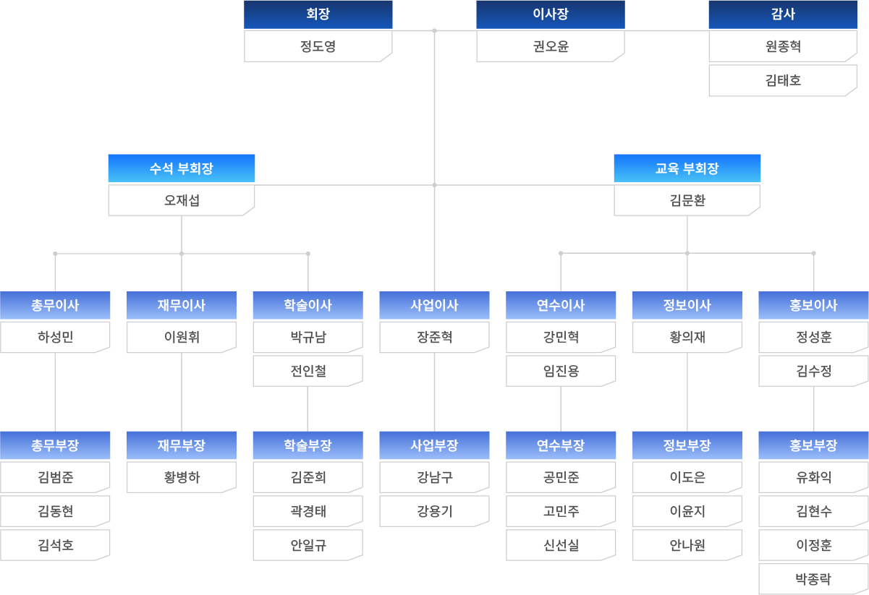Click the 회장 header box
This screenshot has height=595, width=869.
point(318,14)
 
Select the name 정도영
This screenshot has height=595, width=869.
point(318,47)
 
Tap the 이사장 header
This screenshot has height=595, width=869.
point(550,14)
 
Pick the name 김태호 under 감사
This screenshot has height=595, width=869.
point(783,81)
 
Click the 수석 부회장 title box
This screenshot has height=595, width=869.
point(182,168)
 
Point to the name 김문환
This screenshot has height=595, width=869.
point(687,200)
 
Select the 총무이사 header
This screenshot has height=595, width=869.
point(55,305)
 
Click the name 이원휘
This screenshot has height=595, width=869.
point(182,337)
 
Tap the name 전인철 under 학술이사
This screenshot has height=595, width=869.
point(308,371)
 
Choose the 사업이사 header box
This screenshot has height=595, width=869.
point(434,305)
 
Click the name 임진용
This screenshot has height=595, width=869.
point(561,371)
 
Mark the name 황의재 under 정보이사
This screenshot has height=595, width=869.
point(687,337)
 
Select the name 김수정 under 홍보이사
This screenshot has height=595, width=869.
point(813,371)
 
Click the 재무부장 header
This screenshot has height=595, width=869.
point(182,445)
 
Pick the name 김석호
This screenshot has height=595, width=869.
point(55,545)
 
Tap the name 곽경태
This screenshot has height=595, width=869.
point(308,511)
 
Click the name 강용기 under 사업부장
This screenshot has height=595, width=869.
point(434,511)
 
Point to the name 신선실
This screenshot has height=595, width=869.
point(561,545)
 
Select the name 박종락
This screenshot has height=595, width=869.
point(813,579)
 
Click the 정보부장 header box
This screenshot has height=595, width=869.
point(687,445)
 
